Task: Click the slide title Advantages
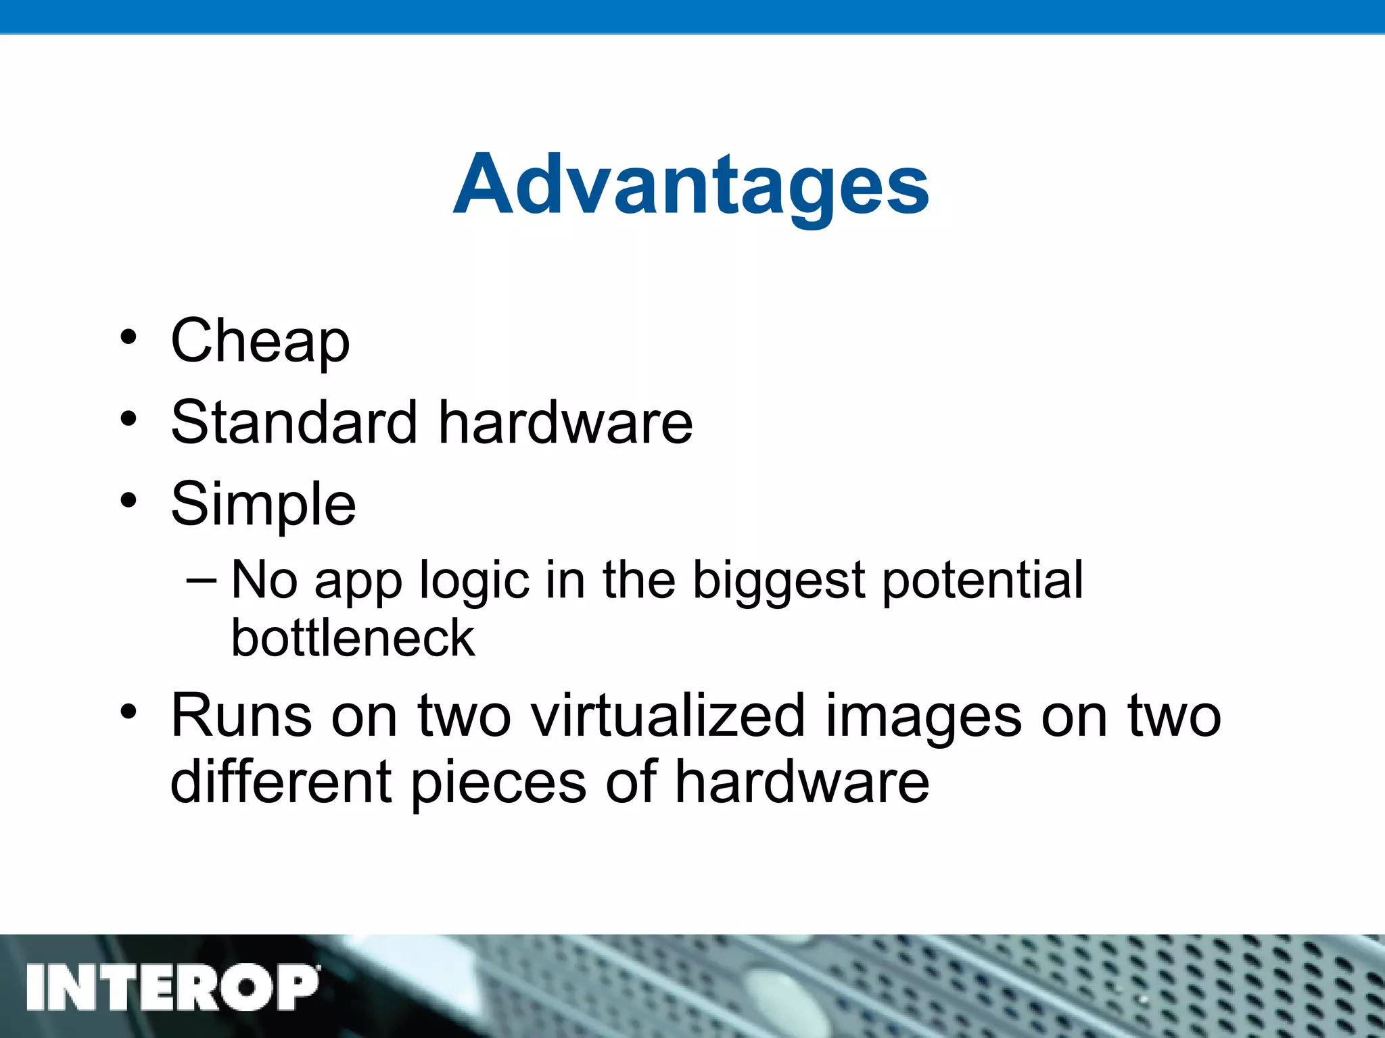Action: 691,186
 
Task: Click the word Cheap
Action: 260,341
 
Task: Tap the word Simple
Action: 263,505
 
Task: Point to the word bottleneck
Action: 353,638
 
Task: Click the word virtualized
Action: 669,716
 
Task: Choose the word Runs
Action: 241,716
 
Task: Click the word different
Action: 281,783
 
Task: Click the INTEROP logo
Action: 172,987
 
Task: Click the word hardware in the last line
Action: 802,783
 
